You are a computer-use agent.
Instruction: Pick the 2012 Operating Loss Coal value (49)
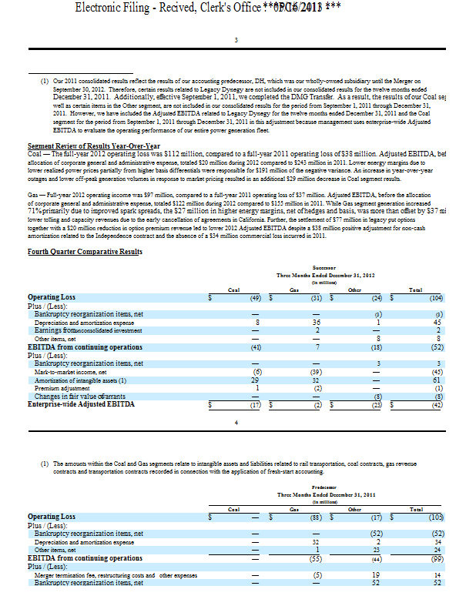(253, 297)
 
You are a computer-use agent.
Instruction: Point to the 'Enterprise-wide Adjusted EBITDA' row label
(81, 403)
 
